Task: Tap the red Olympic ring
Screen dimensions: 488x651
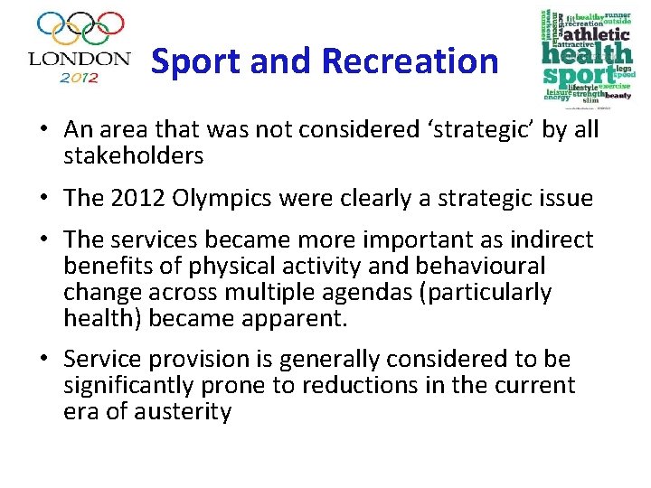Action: point(110,24)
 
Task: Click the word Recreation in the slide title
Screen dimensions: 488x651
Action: point(410,61)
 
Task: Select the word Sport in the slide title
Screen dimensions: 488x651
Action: point(194,61)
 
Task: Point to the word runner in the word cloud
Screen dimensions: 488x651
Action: point(618,15)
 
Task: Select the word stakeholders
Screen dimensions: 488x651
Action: point(133,155)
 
